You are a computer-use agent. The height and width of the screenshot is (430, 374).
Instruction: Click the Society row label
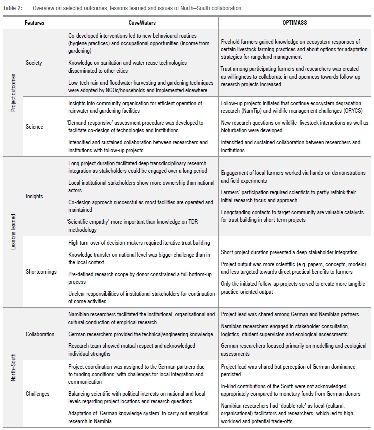(35, 63)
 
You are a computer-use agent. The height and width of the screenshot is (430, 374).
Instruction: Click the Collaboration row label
(40, 334)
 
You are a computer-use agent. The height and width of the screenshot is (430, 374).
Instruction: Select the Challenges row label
(38, 394)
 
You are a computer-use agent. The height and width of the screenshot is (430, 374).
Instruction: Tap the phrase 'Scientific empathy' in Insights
(90, 222)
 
